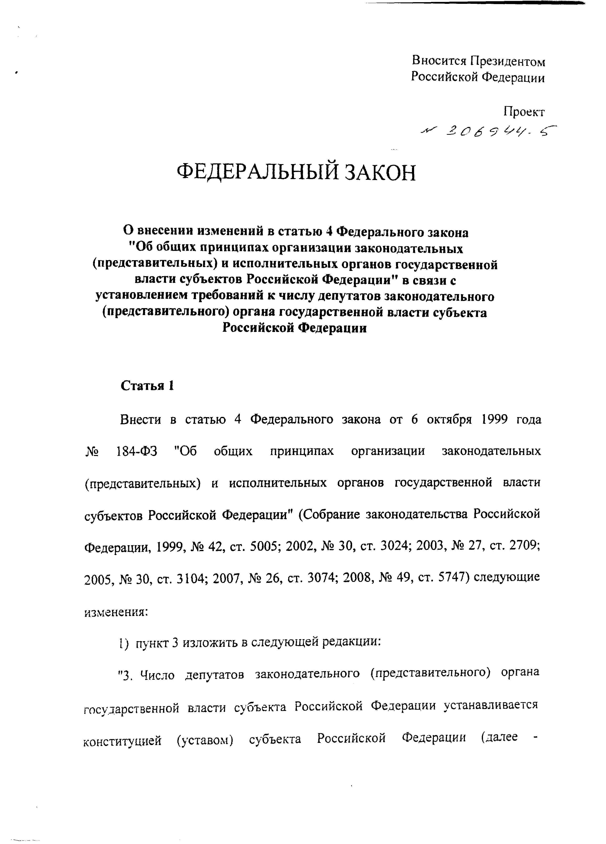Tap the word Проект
(524, 112)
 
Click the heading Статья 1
(147, 386)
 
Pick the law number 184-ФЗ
(137, 451)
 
